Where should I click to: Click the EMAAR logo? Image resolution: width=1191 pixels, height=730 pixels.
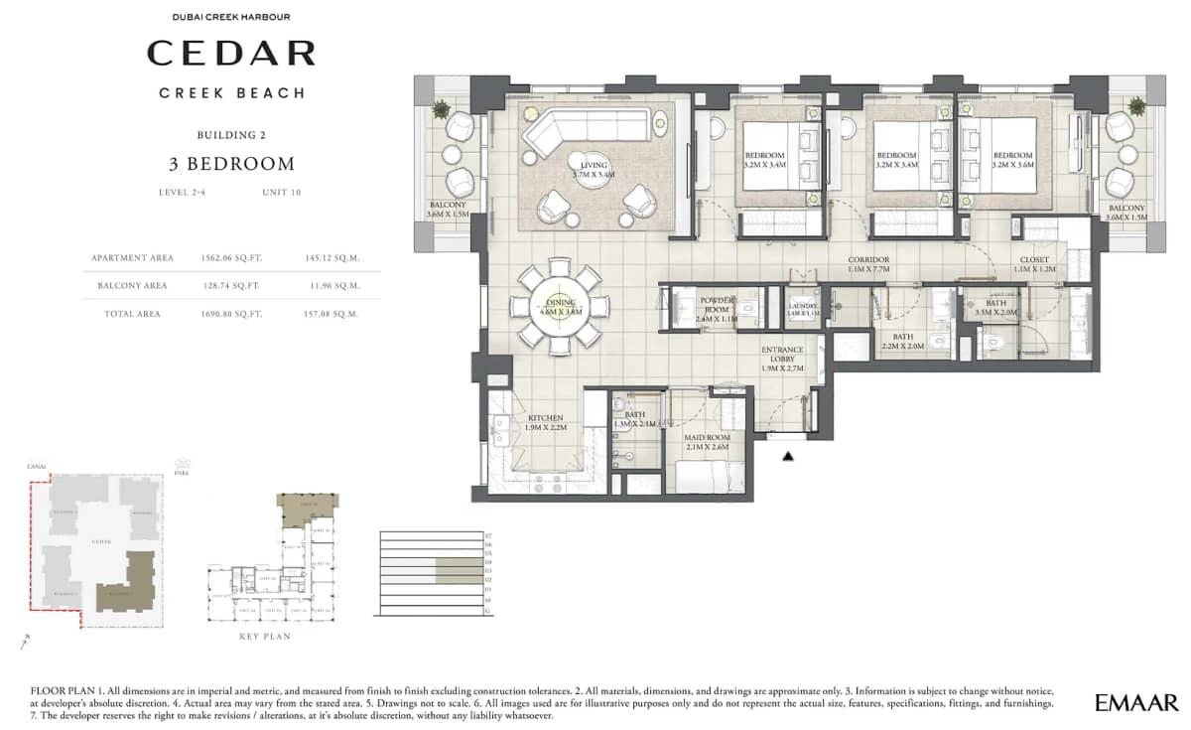click(1135, 703)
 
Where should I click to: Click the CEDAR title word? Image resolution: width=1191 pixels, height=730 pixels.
click(231, 53)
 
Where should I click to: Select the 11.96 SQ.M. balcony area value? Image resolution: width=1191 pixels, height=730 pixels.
click(332, 285)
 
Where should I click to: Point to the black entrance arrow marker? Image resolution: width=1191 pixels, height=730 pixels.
click(789, 456)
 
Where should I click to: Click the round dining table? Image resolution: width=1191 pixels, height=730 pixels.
click(559, 306)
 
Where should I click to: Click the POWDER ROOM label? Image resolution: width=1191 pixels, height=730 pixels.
click(716, 303)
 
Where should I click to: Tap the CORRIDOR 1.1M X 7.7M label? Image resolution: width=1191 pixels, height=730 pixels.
click(869, 264)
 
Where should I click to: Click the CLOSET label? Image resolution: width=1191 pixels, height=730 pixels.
click(1034, 264)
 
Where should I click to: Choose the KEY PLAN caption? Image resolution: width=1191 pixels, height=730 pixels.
click(266, 636)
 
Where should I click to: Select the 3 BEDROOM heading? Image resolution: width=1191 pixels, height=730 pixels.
click(231, 164)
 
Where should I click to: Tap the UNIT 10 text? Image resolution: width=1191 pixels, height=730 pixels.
click(282, 192)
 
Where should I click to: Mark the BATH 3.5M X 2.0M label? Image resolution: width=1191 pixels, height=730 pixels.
click(995, 308)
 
